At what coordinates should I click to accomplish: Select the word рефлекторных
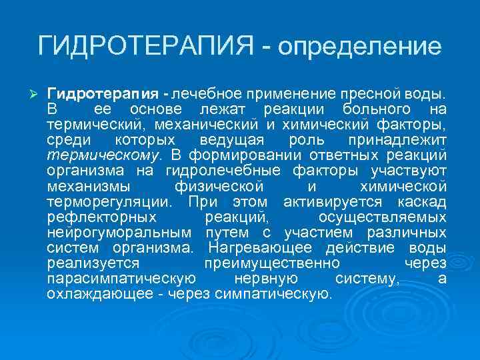102,217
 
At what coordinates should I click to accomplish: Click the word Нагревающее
264,248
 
